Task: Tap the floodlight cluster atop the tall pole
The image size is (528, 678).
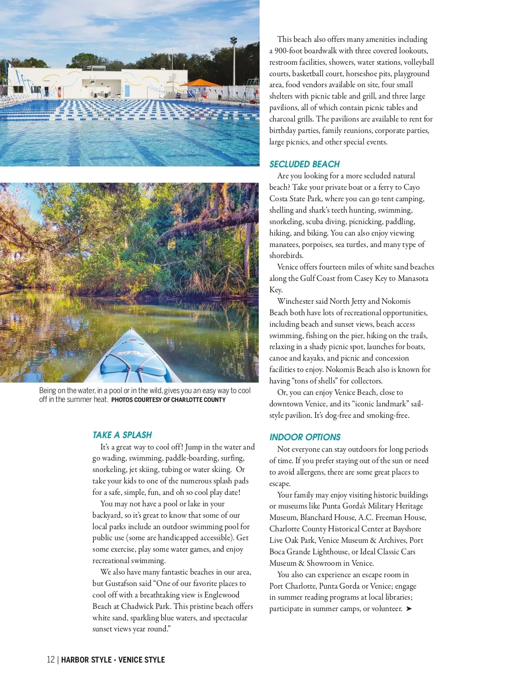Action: tap(234, 41)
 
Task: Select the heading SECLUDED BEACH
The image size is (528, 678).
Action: tap(304, 164)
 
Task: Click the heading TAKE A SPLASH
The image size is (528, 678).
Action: tap(122, 435)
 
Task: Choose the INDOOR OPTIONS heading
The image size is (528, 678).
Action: tap(305, 437)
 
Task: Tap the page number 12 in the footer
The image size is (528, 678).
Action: tap(51, 660)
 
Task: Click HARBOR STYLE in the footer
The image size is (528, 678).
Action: tap(86, 660)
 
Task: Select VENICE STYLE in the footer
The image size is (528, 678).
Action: tap(142, 660)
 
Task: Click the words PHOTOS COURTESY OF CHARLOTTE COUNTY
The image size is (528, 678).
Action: tap(169, 400)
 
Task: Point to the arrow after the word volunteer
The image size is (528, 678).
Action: tap(409, 608)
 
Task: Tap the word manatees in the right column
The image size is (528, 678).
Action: tap(284, 244)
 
